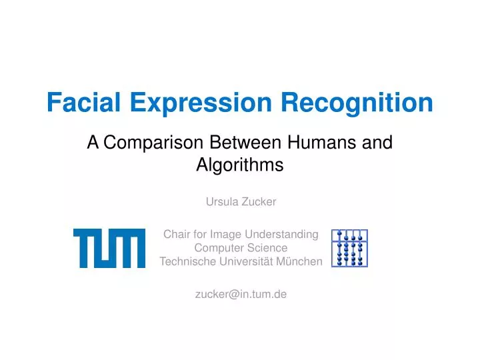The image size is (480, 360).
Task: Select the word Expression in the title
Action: tap(201, 102)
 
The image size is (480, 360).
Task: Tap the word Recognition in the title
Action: tap(356, 102)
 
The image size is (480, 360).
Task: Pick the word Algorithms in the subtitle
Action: tap(240, 165)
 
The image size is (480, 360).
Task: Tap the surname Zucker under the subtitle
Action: tap(260, 201)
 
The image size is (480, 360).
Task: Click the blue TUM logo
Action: tap(109, 247)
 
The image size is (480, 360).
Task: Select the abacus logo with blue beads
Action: tap(349, 247)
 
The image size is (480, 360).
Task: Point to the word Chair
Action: tap(177, 234)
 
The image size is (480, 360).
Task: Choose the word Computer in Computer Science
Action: tap(216, 247)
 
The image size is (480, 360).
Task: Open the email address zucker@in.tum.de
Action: tap(240, 294)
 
